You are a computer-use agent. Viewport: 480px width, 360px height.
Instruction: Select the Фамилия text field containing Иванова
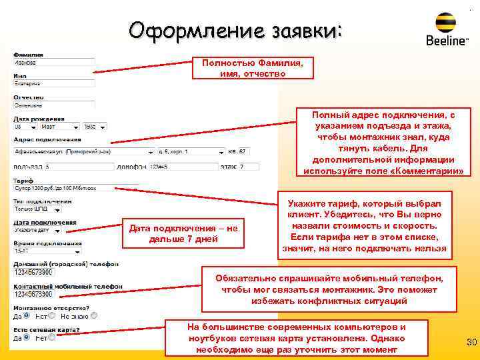(53, 63)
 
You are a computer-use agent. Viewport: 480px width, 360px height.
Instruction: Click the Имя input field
(53, 84)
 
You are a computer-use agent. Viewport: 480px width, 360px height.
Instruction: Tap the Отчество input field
(53, 105)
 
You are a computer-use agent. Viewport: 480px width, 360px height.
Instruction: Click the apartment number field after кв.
(243, 151)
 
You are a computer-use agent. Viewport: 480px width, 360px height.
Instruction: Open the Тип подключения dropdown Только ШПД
(37, 209)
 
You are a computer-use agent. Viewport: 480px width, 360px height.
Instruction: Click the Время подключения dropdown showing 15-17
(37, 251)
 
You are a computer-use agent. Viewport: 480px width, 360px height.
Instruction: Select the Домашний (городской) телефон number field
(53, 273)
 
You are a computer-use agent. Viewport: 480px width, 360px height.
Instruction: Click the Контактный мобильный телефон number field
(53, 294)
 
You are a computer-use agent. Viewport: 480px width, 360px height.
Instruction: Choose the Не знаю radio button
(94, 315)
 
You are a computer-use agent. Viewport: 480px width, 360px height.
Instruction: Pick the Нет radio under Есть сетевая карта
(53, 337)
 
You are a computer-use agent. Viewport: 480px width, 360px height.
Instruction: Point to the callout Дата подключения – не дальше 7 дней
(183, 233)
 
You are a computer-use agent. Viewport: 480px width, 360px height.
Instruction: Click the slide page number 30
(471, 343)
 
